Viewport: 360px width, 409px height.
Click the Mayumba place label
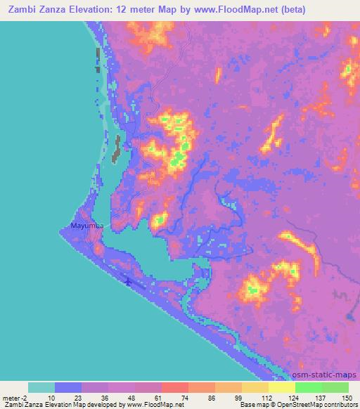(x=88, y=226)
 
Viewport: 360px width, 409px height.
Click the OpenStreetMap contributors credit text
(x=315, y=405)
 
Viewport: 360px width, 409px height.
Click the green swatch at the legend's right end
(x=335, y=387)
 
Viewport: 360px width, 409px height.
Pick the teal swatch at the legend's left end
(x=41, y=387)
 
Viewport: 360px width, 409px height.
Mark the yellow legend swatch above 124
(x=282, y=387)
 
